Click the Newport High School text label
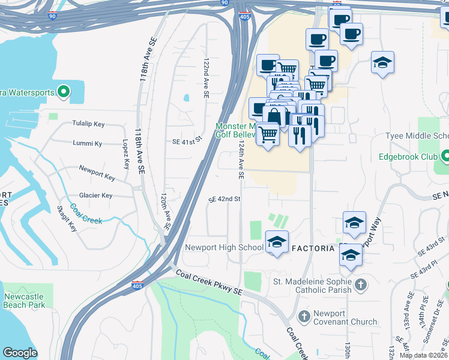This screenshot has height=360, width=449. point(224,247)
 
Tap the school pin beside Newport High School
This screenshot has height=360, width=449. point(277,242)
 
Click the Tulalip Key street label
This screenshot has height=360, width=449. point(88,124)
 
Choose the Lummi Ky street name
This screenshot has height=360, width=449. point(87,144)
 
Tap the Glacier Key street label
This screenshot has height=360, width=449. point(95,196)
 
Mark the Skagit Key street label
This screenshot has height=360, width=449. point(67,218)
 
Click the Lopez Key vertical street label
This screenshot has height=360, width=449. point(125,154)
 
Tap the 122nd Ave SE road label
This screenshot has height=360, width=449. point(206,79)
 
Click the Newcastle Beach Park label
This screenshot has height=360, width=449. point(24,301)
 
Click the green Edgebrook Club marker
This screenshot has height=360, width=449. point(445,158)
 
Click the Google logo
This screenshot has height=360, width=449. point(20,352)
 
